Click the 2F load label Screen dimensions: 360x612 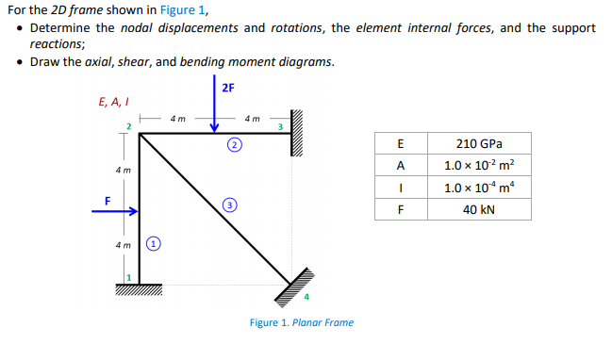(x=227, y=89)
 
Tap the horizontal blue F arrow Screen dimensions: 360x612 (x=116, y=211)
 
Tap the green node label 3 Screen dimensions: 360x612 (x=280, y=126)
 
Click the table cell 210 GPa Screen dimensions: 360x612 (x=478, y=144)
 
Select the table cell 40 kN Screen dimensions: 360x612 (x=478, y=209)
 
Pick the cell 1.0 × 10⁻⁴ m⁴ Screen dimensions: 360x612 (x=478, y=188)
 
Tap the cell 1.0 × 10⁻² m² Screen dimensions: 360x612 (x=478, y=166)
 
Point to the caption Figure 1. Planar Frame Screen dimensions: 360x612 (x=302, y=323)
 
